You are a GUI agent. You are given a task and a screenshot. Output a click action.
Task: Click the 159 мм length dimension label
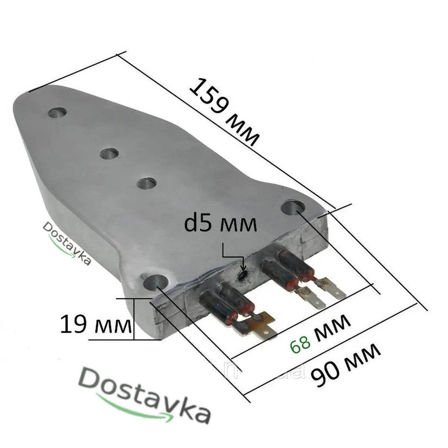[x=224, y=112]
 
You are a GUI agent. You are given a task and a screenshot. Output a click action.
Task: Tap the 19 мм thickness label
[x=96, y=324]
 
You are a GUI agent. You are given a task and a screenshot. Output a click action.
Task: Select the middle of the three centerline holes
[x=109, y=153]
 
